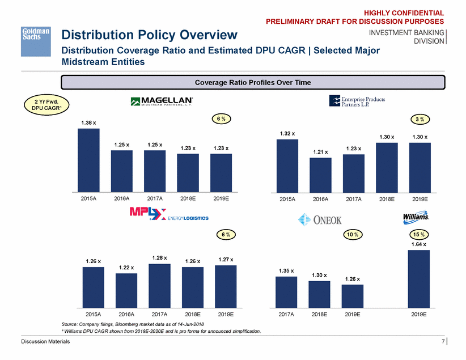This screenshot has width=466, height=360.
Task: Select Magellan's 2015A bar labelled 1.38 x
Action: pos(88,159)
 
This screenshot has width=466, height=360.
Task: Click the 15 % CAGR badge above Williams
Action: pos(418,234)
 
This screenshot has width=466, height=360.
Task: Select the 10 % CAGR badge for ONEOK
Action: pos(352,234)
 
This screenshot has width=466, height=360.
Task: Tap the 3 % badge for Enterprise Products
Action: pos(420,119)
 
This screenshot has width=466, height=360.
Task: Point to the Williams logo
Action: pos(417,217)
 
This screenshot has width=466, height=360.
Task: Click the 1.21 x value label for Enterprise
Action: pos(320,152)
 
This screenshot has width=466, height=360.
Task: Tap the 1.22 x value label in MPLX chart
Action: pos(126,268)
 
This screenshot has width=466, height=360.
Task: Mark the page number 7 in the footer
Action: pos(443,341)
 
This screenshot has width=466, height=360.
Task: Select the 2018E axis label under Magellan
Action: pos(188,199)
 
